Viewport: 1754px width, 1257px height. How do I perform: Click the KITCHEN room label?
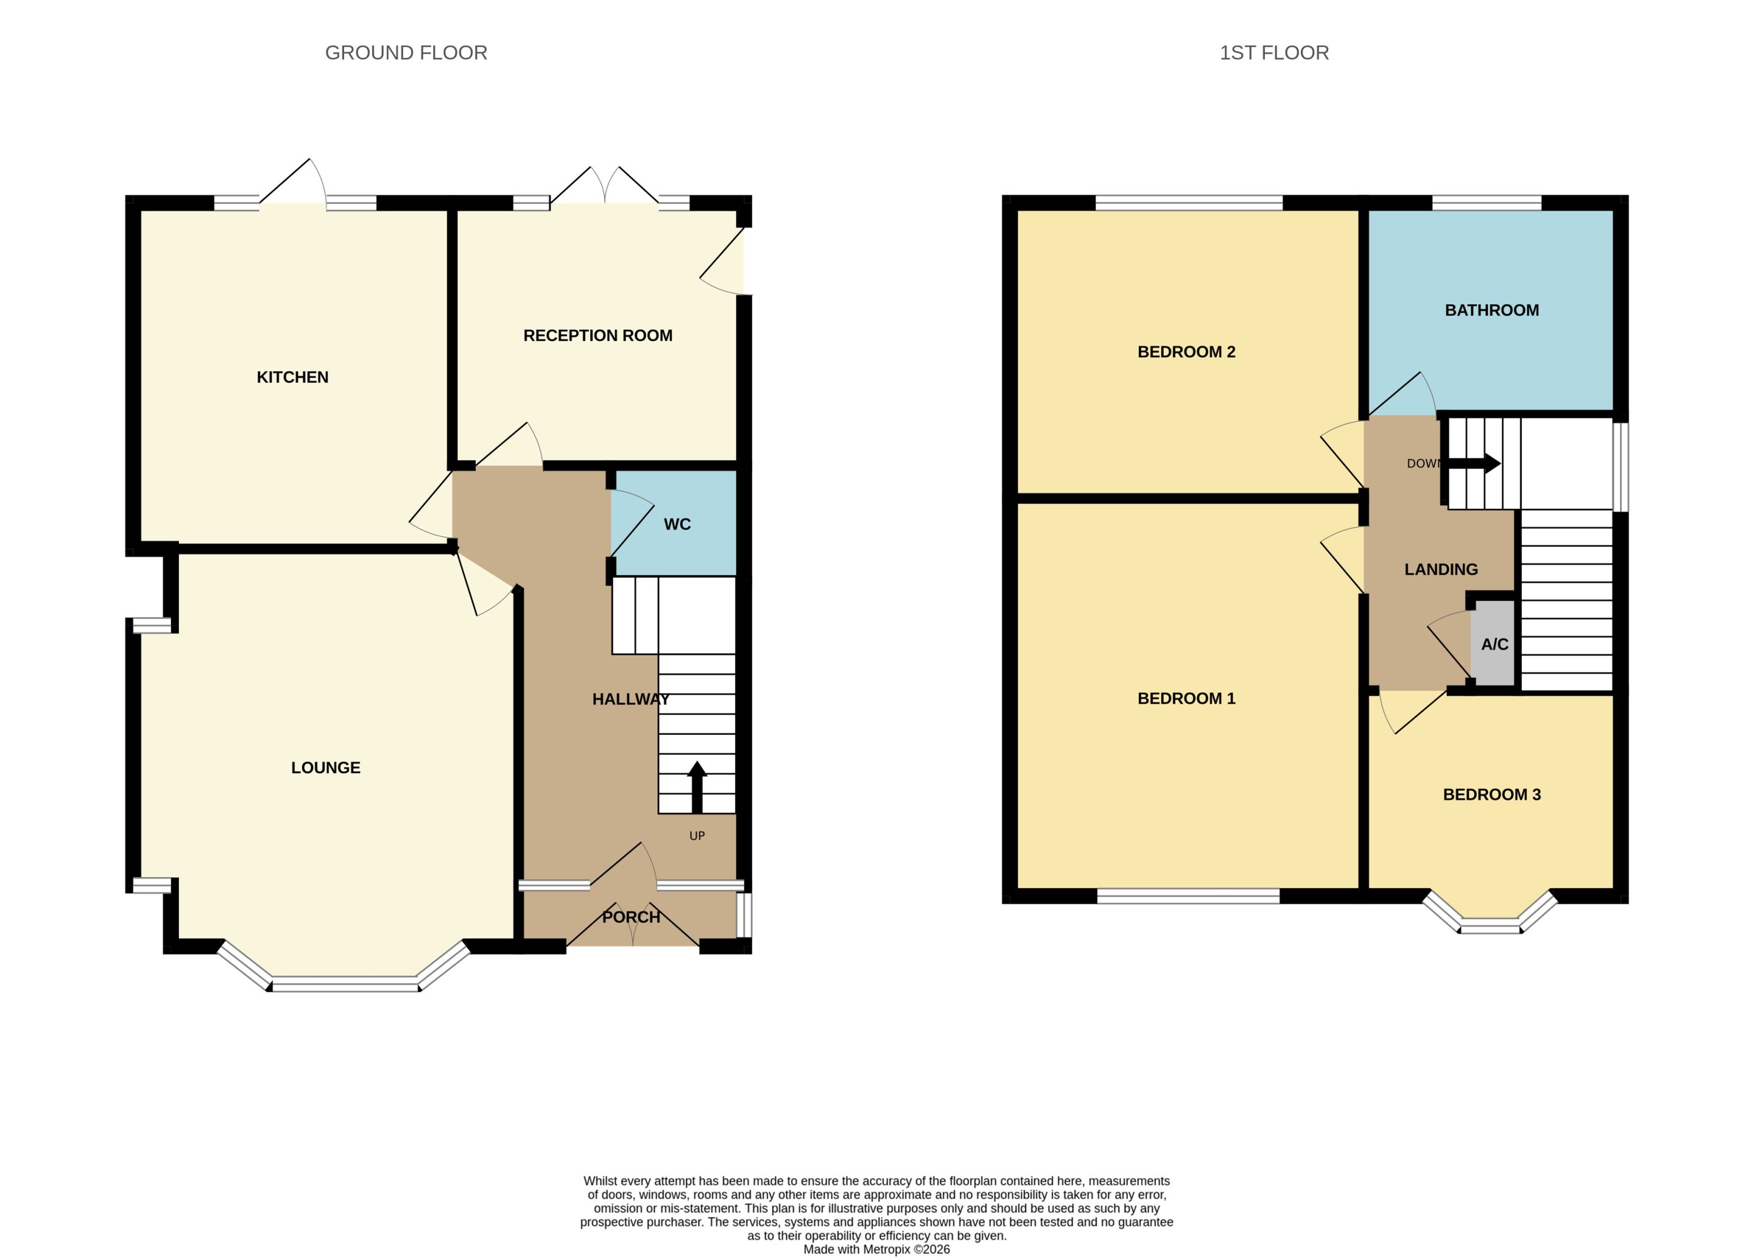click(x=292, y=377)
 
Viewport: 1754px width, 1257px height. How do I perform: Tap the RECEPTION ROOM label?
click(x=598, y=335)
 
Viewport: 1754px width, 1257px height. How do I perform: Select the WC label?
click(x=677, y=524)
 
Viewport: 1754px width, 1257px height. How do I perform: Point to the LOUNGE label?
click(x=326, y=768)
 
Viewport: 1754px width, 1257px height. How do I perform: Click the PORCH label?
click(x=631, y=917)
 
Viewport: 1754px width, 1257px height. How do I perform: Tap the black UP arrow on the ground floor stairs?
click(x=697, y=787)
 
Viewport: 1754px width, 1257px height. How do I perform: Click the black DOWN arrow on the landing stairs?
click(x=1474, y=464)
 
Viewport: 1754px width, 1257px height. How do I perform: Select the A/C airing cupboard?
click(x=1493, y=643)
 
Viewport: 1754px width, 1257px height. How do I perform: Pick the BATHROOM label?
click(x=1492, y=310)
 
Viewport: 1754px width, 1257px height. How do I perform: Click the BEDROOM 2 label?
click(x=1186, y=352)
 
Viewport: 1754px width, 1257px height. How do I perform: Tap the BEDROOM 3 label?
click(x=1492, y=795)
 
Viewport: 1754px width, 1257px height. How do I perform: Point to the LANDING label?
click(x=1441, y=570)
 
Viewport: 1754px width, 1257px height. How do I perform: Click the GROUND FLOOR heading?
click(x=406, y=52)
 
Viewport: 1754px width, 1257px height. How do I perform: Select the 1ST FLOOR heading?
click(x=1273, y=52)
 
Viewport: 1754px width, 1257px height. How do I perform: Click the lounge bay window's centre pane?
click(x=345, y=984)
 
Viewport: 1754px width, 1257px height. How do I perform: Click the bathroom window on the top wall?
click(x=1487, y=203)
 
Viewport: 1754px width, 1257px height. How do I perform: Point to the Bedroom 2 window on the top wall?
click(x=1189, y=203)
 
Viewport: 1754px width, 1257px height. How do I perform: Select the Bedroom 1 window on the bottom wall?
click(x=1189, y=896)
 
